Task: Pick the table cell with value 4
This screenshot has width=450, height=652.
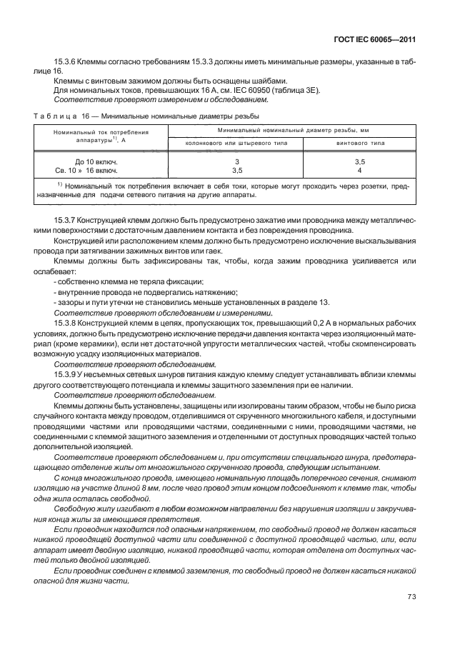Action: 359,171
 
